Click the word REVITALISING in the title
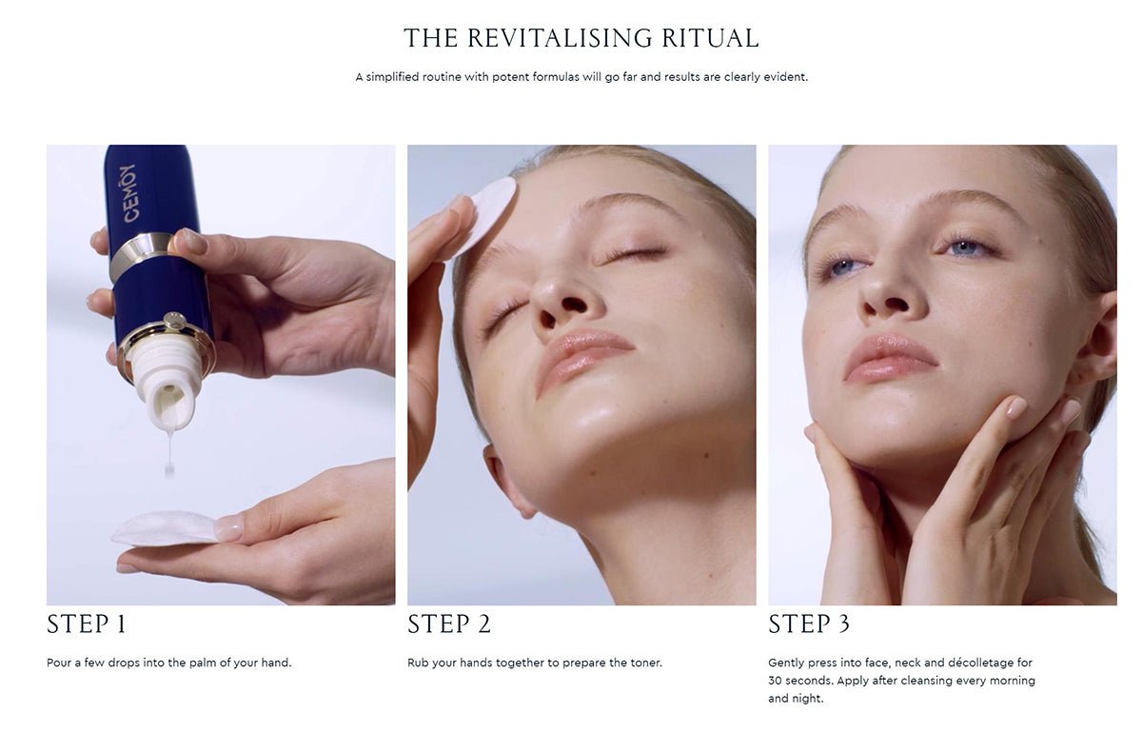click(x=559, y=38)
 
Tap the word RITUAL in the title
click(x=710, y=38)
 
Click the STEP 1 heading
click(x=87, y=624)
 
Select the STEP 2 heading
click(x=448, y=624)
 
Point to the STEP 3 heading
click(x=809, y=624)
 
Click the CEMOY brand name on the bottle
click(x=129, y=193)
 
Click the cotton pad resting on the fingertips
click(x=166, y=528)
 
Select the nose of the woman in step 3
click(x=890, y=288)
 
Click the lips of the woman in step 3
click(x=890, y=358)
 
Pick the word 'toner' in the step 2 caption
click(x=646, y=663)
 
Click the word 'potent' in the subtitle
click(x=510, y=77)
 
